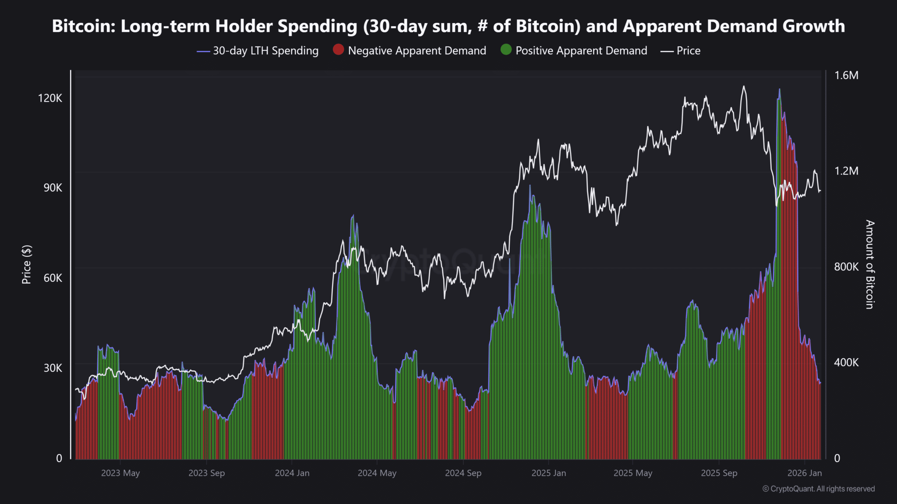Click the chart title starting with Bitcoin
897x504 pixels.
click(x=448, y=26)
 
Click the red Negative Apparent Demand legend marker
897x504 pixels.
click(x=338, y=50)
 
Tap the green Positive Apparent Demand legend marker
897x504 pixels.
click(x=506, y=50)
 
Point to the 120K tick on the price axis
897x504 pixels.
click(x=50, y=98)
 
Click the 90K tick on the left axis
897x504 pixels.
click(x=53, y=188)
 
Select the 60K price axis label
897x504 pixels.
click(x=53, y=278)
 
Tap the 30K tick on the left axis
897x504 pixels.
click(x=53, y=368)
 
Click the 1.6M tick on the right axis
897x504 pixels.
click(x=846, y=75)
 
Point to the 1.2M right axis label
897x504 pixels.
click(x=846, y=171)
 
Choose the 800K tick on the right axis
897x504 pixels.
click(x=846, y=266)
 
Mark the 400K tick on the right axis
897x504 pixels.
click(x=846, y=362)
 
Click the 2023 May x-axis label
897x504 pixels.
click(x=120, y=473)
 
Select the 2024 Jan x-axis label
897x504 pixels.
click(x=292, y=473)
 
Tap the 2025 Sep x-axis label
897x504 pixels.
click(x=719, y=473)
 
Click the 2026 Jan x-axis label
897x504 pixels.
click(x=805, y=473)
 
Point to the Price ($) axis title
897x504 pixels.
click(x=27, y=264)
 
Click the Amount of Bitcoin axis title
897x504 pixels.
click(x=870, y=264)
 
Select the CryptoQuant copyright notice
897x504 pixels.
click(x=819, y=489)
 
